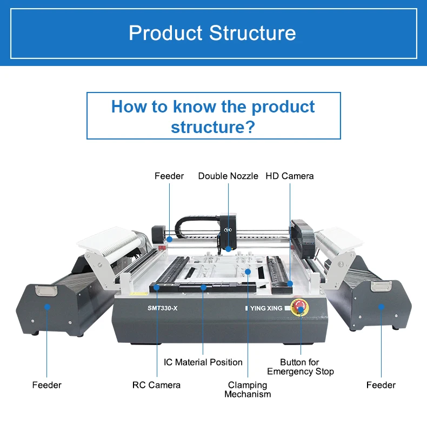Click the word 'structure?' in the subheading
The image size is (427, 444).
pos(213,127)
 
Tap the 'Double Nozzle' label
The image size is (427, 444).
pos(228,176)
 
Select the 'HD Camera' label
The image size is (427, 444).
pos(289,176)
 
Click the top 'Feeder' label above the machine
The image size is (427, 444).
pos(169,176)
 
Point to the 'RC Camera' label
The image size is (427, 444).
pos(156,385)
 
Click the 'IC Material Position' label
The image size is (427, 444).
pos(203,362)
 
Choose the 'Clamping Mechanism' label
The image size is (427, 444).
pos(248,389)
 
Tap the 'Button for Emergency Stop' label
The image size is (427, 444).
pos(300,367)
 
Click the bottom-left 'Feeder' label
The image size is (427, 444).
pos(46,385)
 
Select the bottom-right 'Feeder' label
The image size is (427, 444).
pos(381,385)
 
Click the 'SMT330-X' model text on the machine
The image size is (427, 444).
pos(162,308)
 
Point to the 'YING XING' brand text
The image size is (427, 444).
pos(266,308)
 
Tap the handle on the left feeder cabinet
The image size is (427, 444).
pos(45,291)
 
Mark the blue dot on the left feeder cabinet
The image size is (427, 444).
pos(47,307)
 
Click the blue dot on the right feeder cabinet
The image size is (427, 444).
pos(381,307)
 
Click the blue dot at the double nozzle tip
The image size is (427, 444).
pos(229,249)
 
